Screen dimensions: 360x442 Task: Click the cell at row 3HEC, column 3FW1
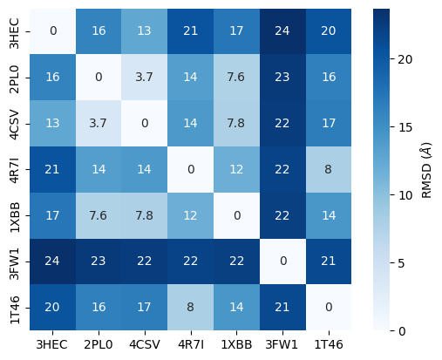(282, 31)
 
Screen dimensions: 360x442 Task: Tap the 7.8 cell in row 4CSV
(235, 123)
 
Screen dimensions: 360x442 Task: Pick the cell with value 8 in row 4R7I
(328, 169)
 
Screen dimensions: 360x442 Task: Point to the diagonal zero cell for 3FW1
(282, 262)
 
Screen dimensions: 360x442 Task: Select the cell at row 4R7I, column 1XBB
(235, 169)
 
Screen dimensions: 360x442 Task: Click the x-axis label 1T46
(328, 345)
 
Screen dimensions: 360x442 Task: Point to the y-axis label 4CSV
(16, 123)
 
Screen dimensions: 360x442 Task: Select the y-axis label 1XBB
(16, 215)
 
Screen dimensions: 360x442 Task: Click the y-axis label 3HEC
(16, 31)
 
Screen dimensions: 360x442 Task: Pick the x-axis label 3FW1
(282, 345)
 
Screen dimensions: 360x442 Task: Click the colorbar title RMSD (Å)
(427, 169)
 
